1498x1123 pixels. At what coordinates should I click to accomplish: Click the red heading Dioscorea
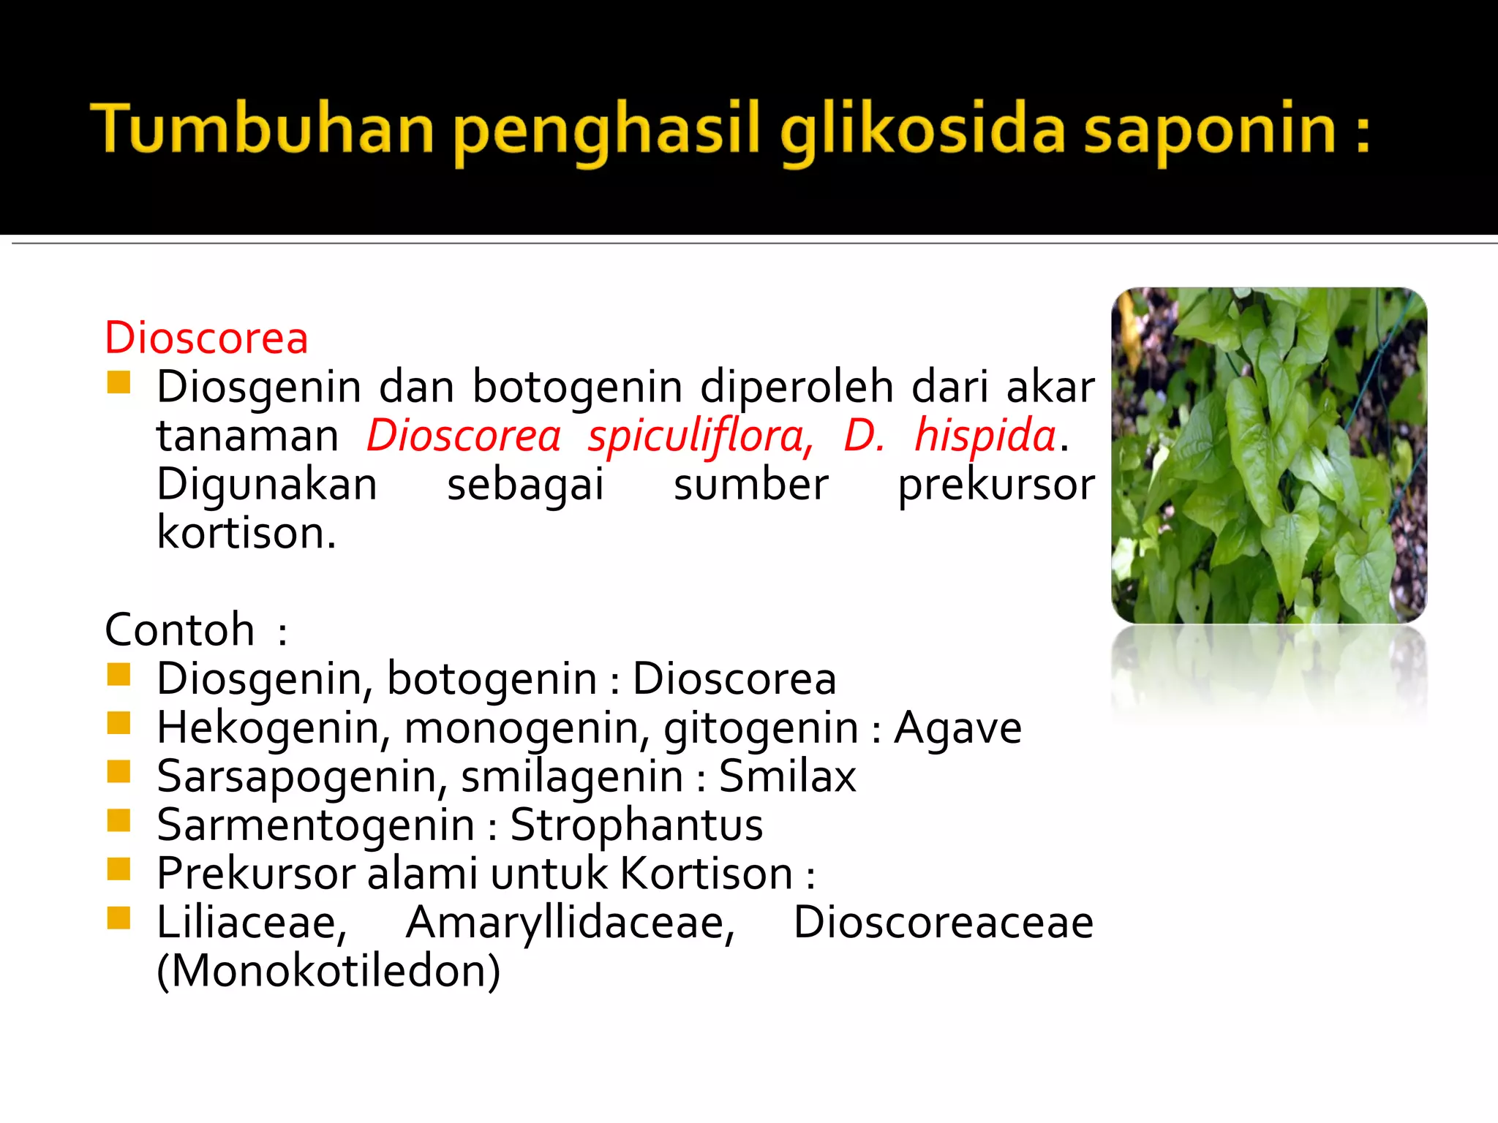tap(206, 338)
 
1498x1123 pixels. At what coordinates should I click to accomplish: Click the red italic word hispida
tap(985, 436)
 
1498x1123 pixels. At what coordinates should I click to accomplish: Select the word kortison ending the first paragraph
tap(246, 533)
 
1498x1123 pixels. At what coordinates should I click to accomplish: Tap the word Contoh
tap(180, 629)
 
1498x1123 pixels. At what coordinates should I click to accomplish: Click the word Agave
tap(957, 727)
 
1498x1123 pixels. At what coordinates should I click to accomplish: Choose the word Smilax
tap(787, 776)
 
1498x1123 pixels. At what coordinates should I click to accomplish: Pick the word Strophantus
tap(636, 825)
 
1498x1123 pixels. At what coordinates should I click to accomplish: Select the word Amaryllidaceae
tap(570, 922)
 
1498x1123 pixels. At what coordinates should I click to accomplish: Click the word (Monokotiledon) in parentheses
tap(328, 971)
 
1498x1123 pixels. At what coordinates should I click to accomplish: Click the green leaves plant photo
tap(1269, 455)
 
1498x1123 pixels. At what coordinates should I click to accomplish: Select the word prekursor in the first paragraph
tap(996, 485)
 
